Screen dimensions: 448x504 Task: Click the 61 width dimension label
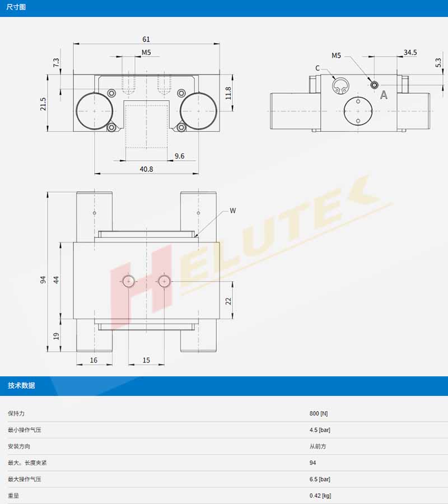coord(146,39)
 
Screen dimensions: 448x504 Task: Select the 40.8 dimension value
coord(146,169)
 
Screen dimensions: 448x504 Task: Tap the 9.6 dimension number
coord(179,156)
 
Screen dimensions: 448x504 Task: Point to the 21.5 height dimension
coord(43,104)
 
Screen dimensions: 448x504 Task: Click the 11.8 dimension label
coord(228,93)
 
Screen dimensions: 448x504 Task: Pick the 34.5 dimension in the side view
coord(410,53)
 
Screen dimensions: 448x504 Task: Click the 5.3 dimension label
coord(438,62)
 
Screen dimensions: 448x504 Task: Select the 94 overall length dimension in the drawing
coord(43,279)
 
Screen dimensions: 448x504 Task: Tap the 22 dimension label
coord(228,301)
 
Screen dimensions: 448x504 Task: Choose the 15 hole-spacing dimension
coord(146,360)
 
